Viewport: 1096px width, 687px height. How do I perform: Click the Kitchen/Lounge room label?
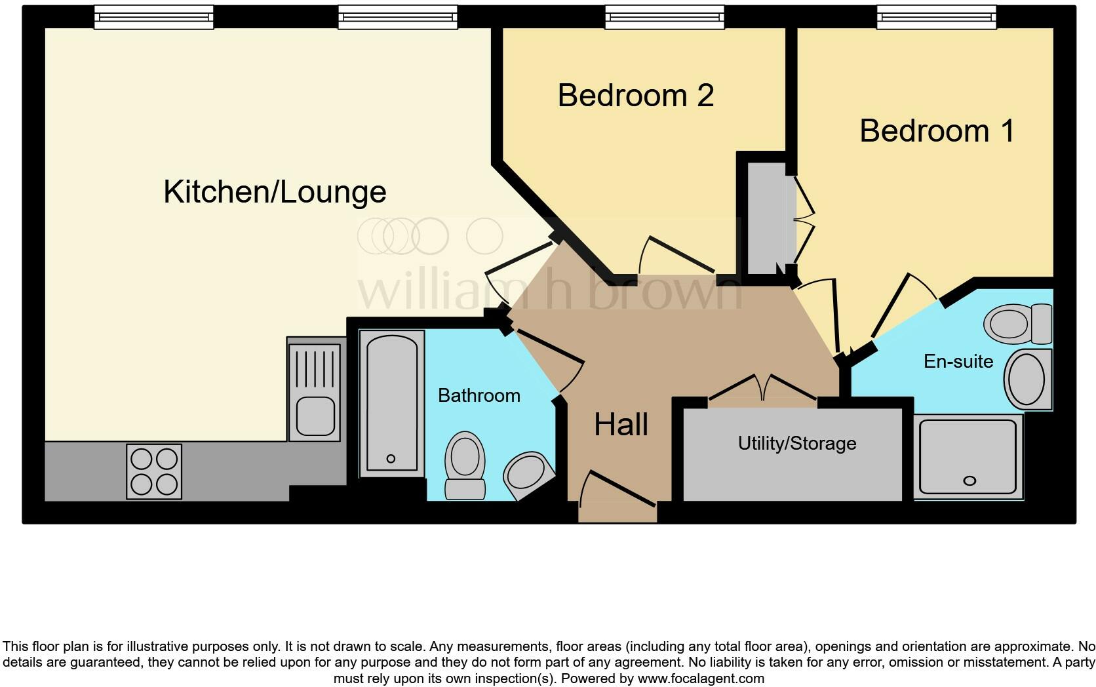(275, 192)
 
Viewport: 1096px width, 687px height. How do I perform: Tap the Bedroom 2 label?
(635, 96)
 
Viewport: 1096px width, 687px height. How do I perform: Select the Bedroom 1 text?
(937, 131)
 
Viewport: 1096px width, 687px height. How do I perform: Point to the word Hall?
(621, 425)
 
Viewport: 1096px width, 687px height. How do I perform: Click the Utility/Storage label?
(796, 444)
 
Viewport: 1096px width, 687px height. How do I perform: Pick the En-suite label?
(958, 361)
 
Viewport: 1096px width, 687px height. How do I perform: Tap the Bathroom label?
(479, 395)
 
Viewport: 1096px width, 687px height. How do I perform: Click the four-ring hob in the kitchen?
(154, 471)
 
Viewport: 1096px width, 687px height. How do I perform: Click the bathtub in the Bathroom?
(391, 401)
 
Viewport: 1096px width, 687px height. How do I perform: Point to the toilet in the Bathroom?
(465, 464)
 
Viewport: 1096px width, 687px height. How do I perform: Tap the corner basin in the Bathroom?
(527, 475)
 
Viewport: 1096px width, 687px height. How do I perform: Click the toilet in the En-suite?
(1019, 324)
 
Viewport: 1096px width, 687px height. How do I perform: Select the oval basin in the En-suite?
(1027, 380)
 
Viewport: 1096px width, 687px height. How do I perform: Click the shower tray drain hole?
(969, 481)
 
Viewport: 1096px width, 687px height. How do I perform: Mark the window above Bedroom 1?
(936, 18)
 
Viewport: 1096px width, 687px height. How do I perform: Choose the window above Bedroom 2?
(664, 18)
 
